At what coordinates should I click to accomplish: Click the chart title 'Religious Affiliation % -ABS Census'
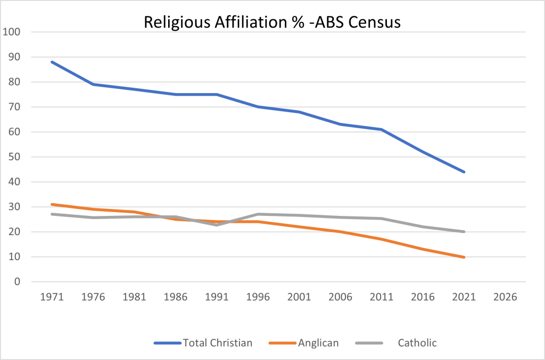[x=272, y=23]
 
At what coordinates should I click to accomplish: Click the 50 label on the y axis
[x=14, y=157]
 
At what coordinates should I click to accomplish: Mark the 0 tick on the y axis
[x=17, y=282]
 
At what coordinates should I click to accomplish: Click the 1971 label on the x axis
[x=52, y=298]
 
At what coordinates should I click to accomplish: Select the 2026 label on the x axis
[x=505, y=298]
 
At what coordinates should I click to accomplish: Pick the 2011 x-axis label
[x=382, y=298]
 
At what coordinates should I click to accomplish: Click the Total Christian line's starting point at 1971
[x=52, y=62]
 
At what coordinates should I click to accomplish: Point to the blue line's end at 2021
[x=464, y=172]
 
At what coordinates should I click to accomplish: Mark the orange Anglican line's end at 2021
[x=464, y=257]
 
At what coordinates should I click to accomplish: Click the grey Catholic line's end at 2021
[x=464, y=232]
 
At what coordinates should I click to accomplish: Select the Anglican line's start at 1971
[x=52, y=204]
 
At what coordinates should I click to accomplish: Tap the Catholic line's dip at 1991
[x=217, y=225]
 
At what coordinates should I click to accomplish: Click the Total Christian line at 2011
[x=382, y=129]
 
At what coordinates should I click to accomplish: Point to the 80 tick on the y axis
[x=14, y=82]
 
